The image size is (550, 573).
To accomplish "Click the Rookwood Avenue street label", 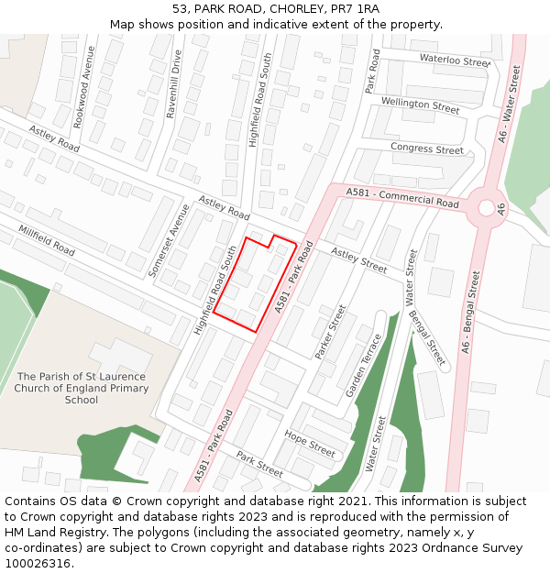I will point(84,86).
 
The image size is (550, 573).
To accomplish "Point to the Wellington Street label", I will point(420,106).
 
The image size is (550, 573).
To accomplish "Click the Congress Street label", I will point(427,149).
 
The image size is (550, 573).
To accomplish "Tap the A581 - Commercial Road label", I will point(402,198).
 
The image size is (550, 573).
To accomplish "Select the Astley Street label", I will point(359,259).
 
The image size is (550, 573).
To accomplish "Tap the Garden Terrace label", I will point(364,364).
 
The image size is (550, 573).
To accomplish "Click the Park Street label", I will point(259,463).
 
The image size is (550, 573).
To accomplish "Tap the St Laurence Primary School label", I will point(81,388).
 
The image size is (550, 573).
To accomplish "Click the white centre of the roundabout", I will point(486,208).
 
